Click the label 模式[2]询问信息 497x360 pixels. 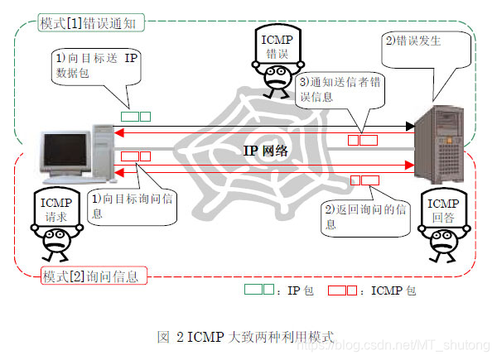click(89, 274)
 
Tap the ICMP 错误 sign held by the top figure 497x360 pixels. click(277, 43)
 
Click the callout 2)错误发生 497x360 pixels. click(414, 41)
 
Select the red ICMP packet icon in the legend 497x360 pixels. click(342, 290)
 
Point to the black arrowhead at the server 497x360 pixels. click(409, 127)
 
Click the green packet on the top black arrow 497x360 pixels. click(135, 117)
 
